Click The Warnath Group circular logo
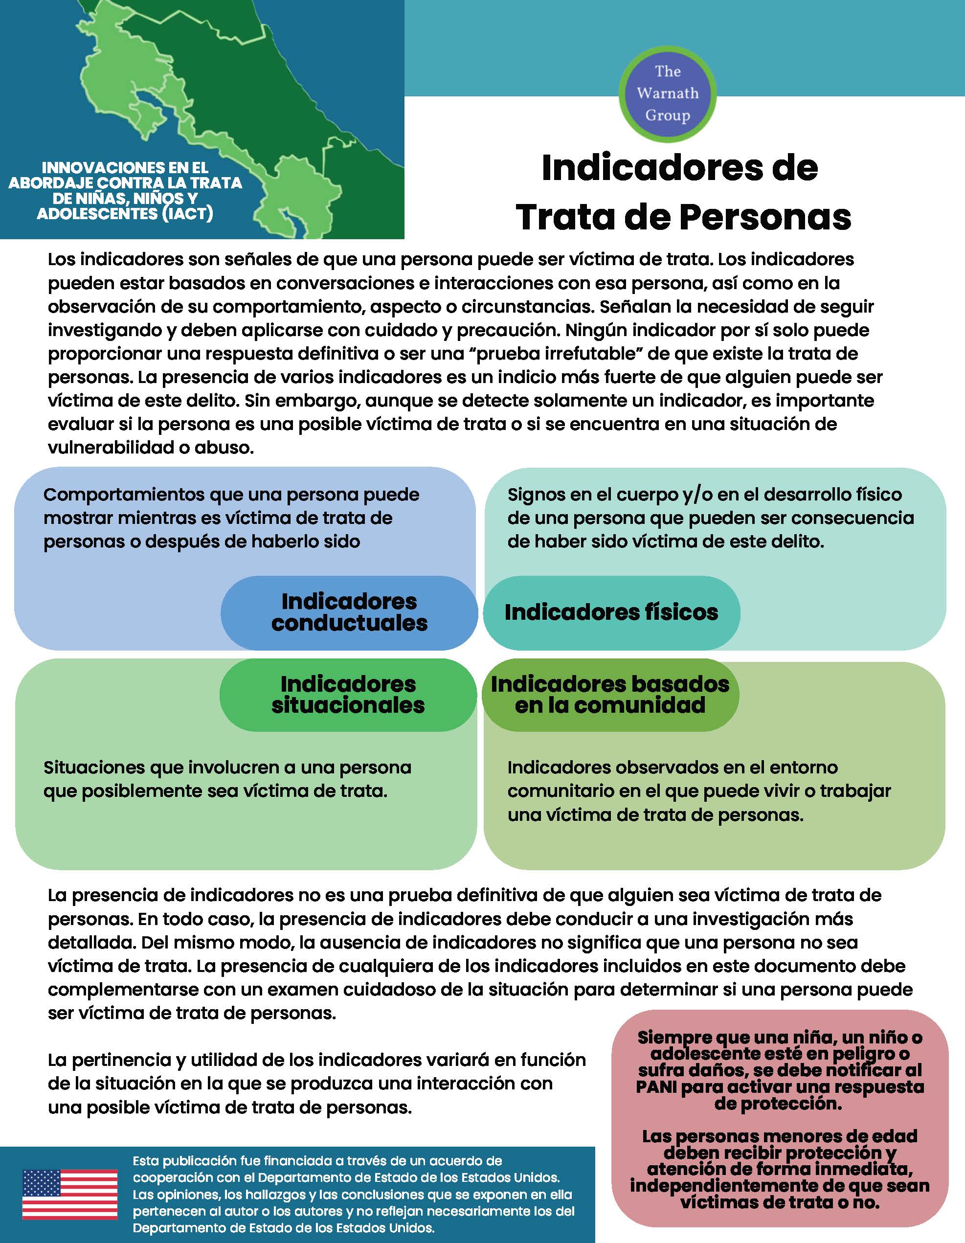tap(668, 93)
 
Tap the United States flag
tap(69, 1194)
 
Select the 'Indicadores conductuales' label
tap(349, 612)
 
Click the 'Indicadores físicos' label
tap(611, 612)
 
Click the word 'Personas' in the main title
tap(765, 217)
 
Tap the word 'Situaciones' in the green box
tap(94, 767)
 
